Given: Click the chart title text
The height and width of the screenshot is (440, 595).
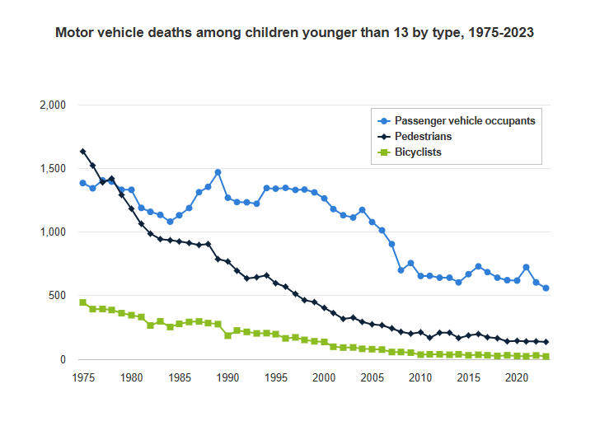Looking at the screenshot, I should [294, 34].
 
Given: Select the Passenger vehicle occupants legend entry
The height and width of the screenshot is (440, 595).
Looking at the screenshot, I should [465, 120].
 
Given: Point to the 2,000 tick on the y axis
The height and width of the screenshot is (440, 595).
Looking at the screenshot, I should [52, 105].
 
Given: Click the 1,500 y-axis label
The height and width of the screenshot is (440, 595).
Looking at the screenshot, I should [52, 169].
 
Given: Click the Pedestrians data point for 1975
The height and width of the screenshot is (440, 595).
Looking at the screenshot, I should [82, 152].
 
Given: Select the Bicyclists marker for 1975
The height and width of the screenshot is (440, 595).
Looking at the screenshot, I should [82, 302].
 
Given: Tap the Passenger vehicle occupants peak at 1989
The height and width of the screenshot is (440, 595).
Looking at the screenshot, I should [218, 172].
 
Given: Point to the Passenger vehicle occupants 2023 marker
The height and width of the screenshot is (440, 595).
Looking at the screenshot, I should [546, 288].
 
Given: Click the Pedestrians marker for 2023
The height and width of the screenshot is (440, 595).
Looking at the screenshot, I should [546, 342].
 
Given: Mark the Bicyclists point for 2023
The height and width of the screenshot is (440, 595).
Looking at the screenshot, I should [546, 357].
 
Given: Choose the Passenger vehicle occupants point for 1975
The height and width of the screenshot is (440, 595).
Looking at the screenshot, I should [82, 183].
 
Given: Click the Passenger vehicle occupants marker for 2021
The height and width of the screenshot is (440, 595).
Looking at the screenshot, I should [527, 267].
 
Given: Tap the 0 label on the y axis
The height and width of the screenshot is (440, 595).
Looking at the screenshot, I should [62, 359].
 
